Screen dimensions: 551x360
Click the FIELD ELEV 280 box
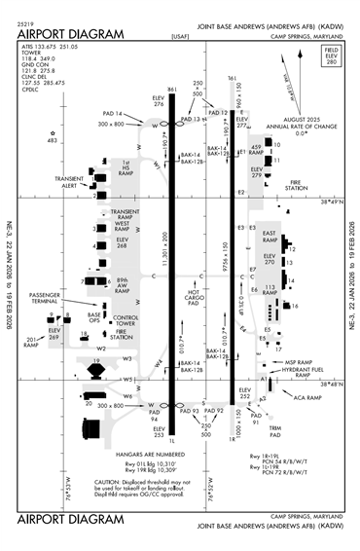330,80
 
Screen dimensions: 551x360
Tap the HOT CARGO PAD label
193,298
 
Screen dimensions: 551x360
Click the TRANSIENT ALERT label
69,182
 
